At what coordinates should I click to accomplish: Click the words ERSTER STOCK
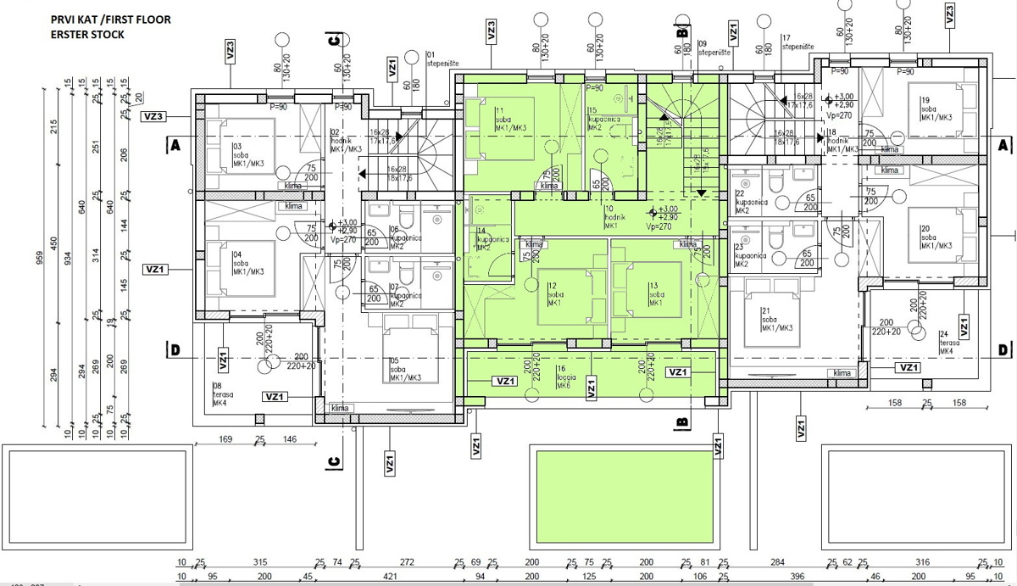[x=88, y=35]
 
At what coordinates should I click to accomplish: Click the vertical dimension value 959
[x=40, y=256]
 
